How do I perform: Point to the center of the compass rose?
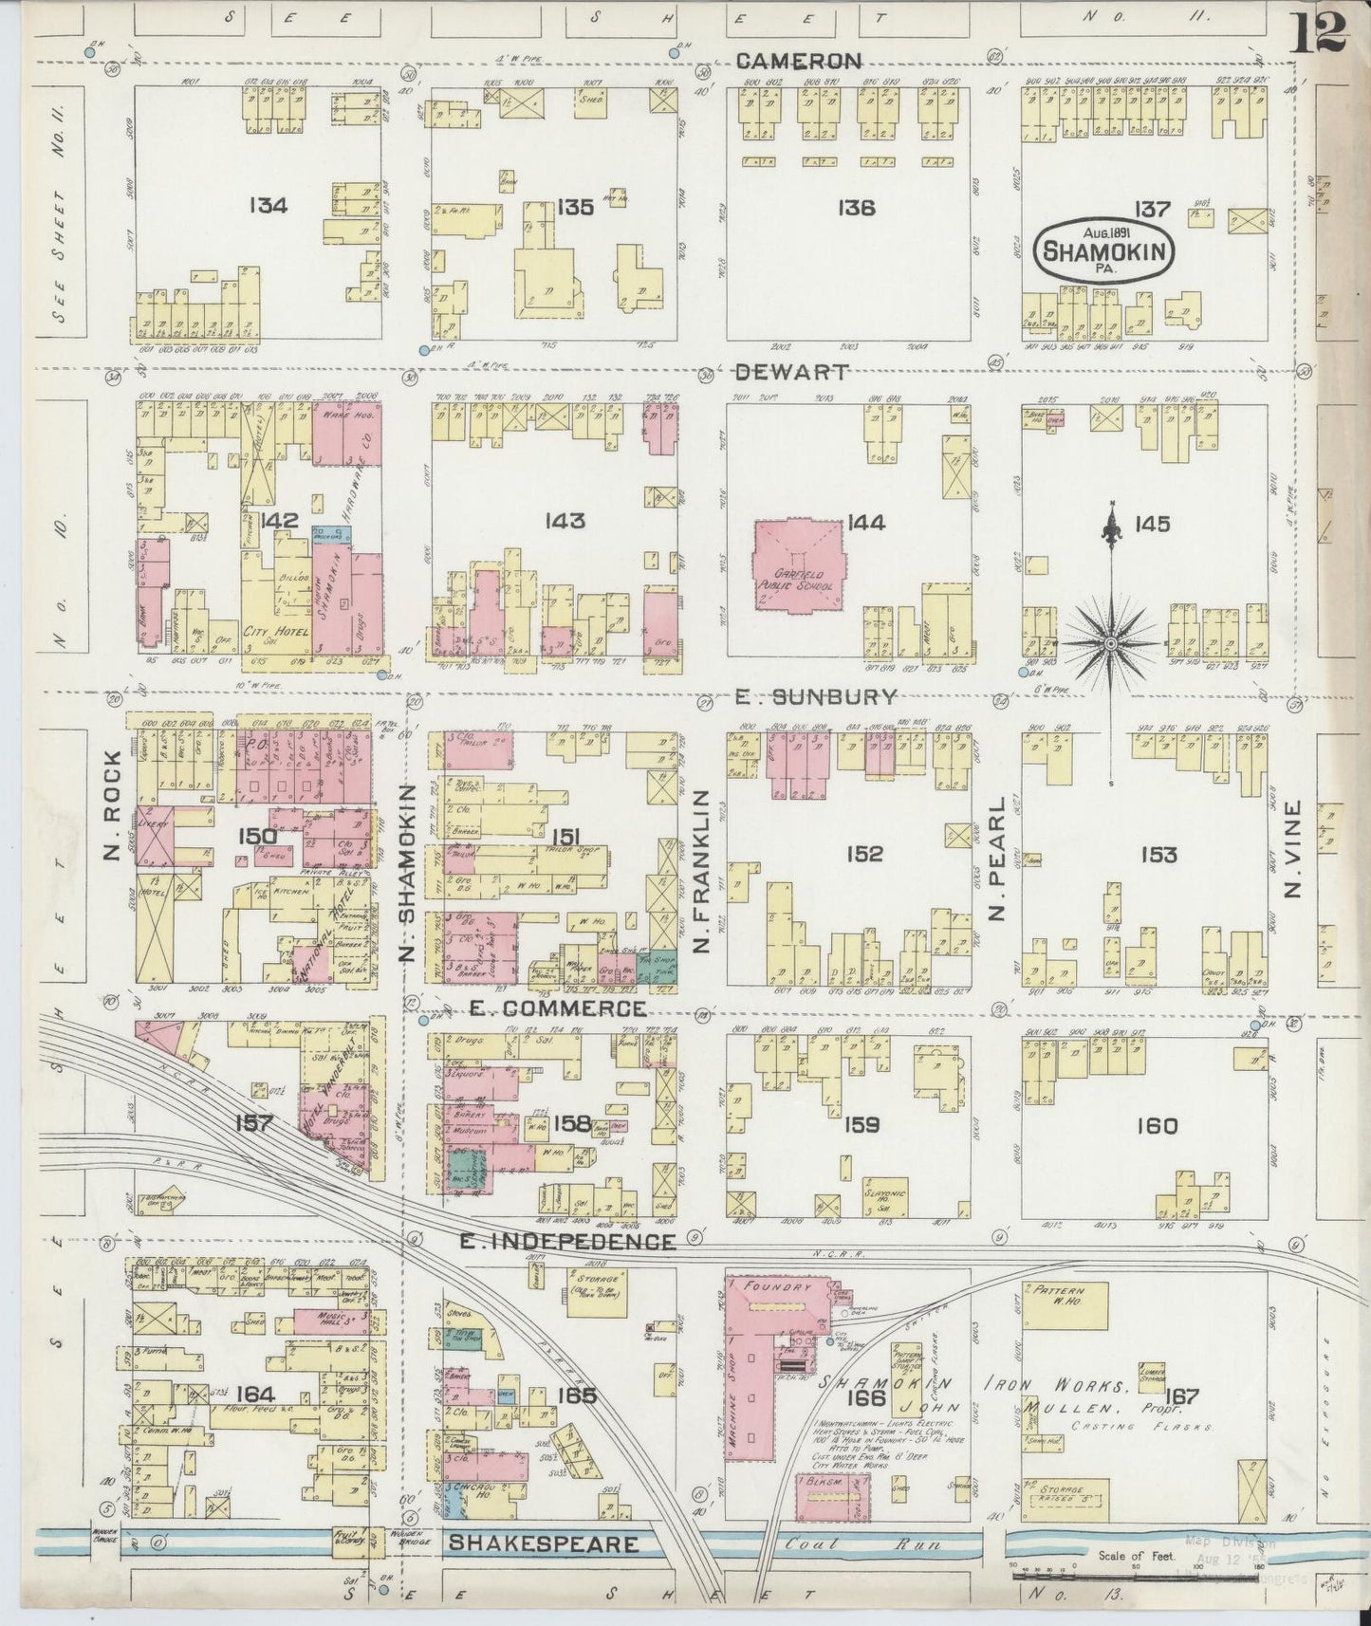pyautogui.click(x=1109, y=643)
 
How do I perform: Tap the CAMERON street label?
pyautogui.click(x=799, y=62)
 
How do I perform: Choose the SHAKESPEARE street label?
pyautogui.click(x=543, y=1543)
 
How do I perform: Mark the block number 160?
pyautogui.click(x=1156, y=1126)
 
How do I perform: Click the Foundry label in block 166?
pyautogui.click(x=781, y=1288)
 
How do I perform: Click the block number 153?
pyautogui.click(x=1158, y=854)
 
